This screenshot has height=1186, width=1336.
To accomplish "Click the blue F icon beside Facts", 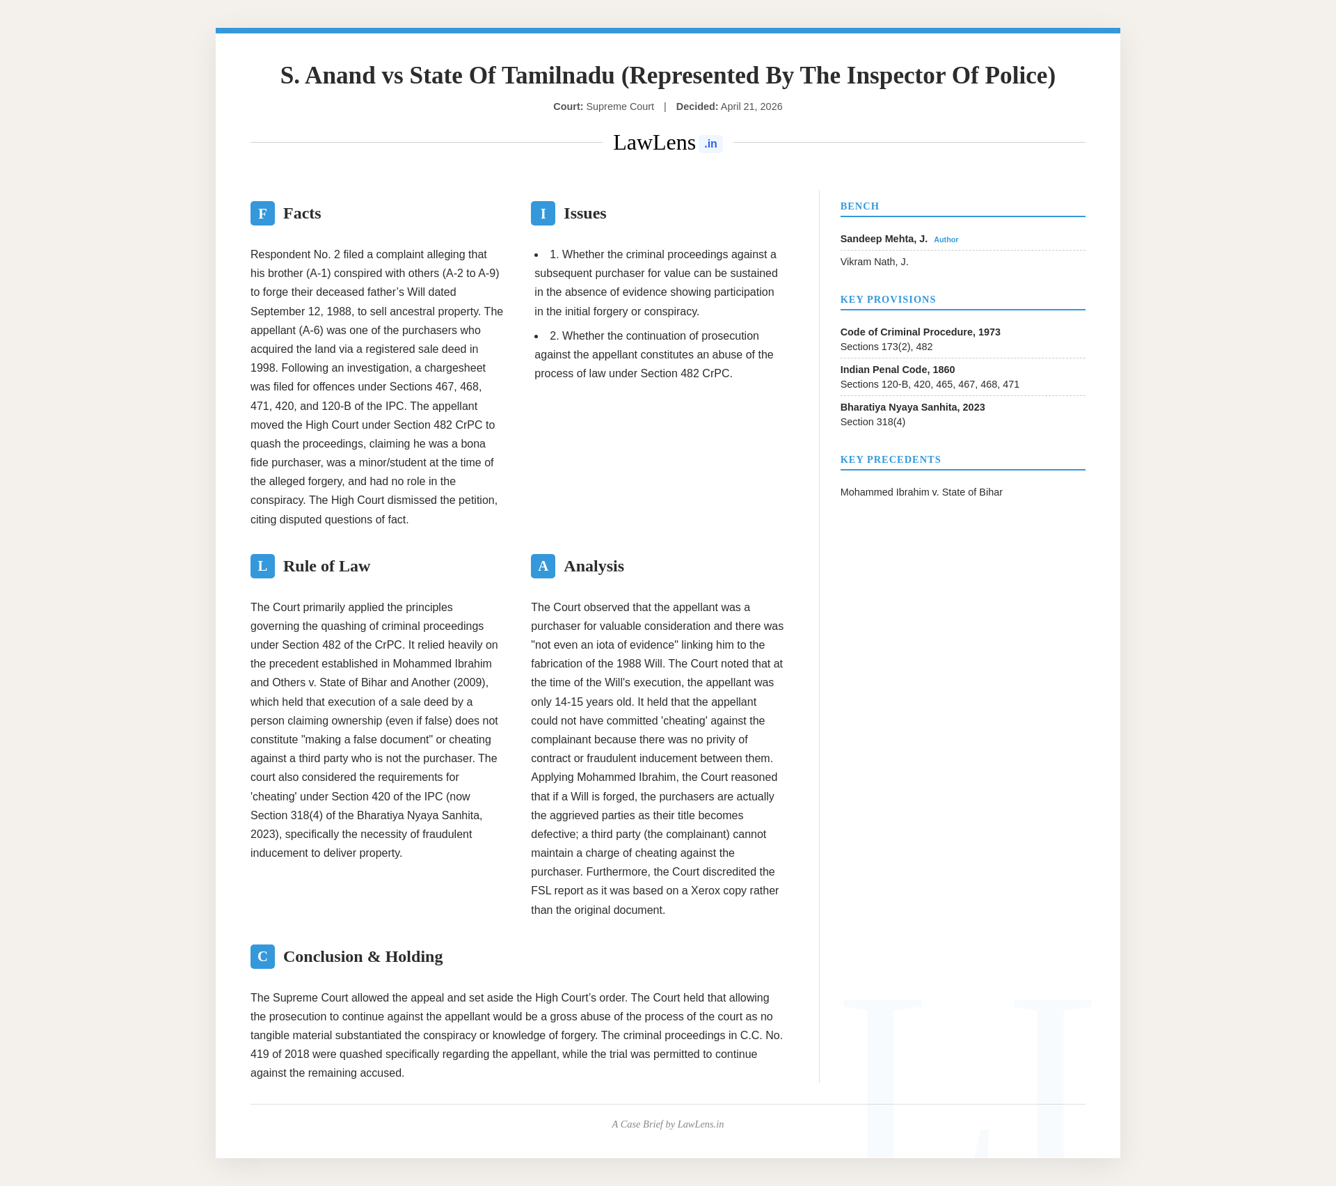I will click(x=262, y=213).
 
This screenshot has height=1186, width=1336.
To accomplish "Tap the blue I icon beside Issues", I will click(x=543, y=213).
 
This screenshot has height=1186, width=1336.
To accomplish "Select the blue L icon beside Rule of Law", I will click(x=262, y=566).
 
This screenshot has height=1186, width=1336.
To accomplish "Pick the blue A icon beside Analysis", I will click(x=543, y=566).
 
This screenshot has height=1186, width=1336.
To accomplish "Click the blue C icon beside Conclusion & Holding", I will click(x=262, y=956).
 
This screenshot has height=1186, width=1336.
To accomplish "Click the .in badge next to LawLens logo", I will click(x=710, y=144).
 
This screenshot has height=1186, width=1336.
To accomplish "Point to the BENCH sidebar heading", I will click(x=859, y=206).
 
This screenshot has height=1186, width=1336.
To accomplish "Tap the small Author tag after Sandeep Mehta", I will click(x=946, y=239).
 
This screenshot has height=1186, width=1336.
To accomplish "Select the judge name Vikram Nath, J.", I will click(x=874, y=262).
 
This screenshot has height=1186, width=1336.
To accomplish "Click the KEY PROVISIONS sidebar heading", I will click(x=888, y=299).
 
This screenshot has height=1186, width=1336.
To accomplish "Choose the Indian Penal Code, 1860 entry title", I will click(x=897, y=370).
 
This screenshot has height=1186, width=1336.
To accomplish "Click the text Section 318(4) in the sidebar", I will click(x=873, y=422).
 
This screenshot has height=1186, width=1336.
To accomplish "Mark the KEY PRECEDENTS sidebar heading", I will click(x=890, y=459).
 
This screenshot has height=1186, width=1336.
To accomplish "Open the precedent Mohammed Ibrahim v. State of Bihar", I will click(x=921, y=492).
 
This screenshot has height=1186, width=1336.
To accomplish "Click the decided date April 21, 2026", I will click(x=751, y=106).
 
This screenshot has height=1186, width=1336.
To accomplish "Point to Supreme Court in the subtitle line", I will click(x=619, y=106).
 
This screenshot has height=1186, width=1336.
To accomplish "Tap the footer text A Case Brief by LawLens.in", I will click(x=667, y=1124).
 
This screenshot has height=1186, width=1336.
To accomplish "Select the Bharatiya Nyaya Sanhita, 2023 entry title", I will click(x=912, y=407).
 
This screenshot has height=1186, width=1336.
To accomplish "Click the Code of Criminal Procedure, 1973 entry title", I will click(x=920, y=332).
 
